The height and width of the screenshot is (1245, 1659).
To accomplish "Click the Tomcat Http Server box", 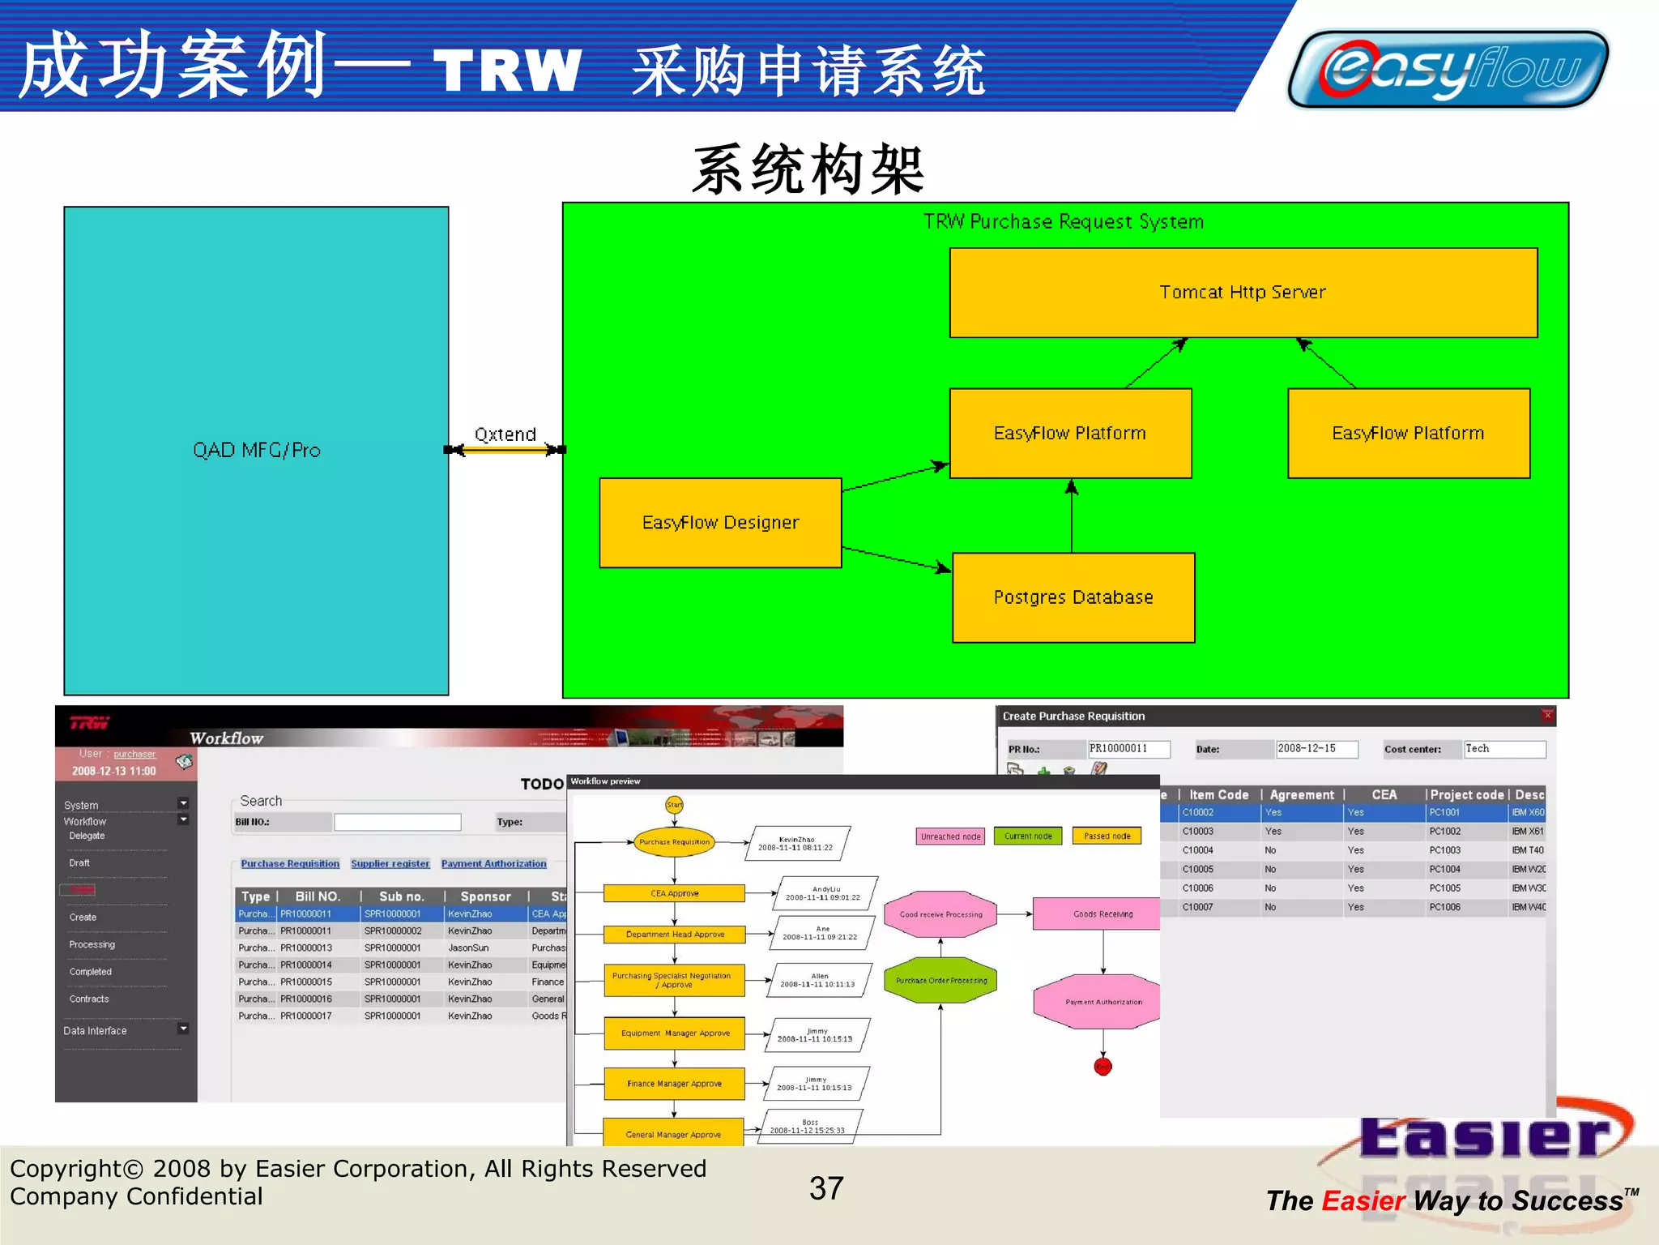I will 1243,293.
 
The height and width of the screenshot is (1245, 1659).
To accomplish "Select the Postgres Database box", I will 1073,597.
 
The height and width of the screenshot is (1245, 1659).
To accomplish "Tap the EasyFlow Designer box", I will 720,523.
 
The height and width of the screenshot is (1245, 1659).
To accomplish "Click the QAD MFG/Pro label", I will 256,451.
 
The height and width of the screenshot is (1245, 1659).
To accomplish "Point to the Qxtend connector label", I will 505,434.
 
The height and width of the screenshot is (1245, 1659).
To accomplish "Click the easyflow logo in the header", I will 1448,70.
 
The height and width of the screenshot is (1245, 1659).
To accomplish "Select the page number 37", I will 826,1188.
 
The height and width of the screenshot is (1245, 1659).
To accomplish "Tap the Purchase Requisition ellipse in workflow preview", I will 674,842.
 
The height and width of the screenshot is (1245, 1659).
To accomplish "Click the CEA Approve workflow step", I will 674,893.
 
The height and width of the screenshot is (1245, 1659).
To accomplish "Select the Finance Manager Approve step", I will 674,1084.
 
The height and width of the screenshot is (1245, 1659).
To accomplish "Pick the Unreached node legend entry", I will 950,836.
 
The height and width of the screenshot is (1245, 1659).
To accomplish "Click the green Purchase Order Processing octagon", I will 940,981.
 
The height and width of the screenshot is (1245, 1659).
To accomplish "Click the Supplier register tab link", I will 390,864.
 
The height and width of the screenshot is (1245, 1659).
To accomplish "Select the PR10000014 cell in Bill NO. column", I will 306,965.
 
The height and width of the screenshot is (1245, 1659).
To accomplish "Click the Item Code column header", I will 1218,795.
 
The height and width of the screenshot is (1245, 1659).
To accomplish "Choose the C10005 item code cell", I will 1197,869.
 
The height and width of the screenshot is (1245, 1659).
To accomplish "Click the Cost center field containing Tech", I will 1503,749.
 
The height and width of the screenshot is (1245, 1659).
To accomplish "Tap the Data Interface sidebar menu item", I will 96,1031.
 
